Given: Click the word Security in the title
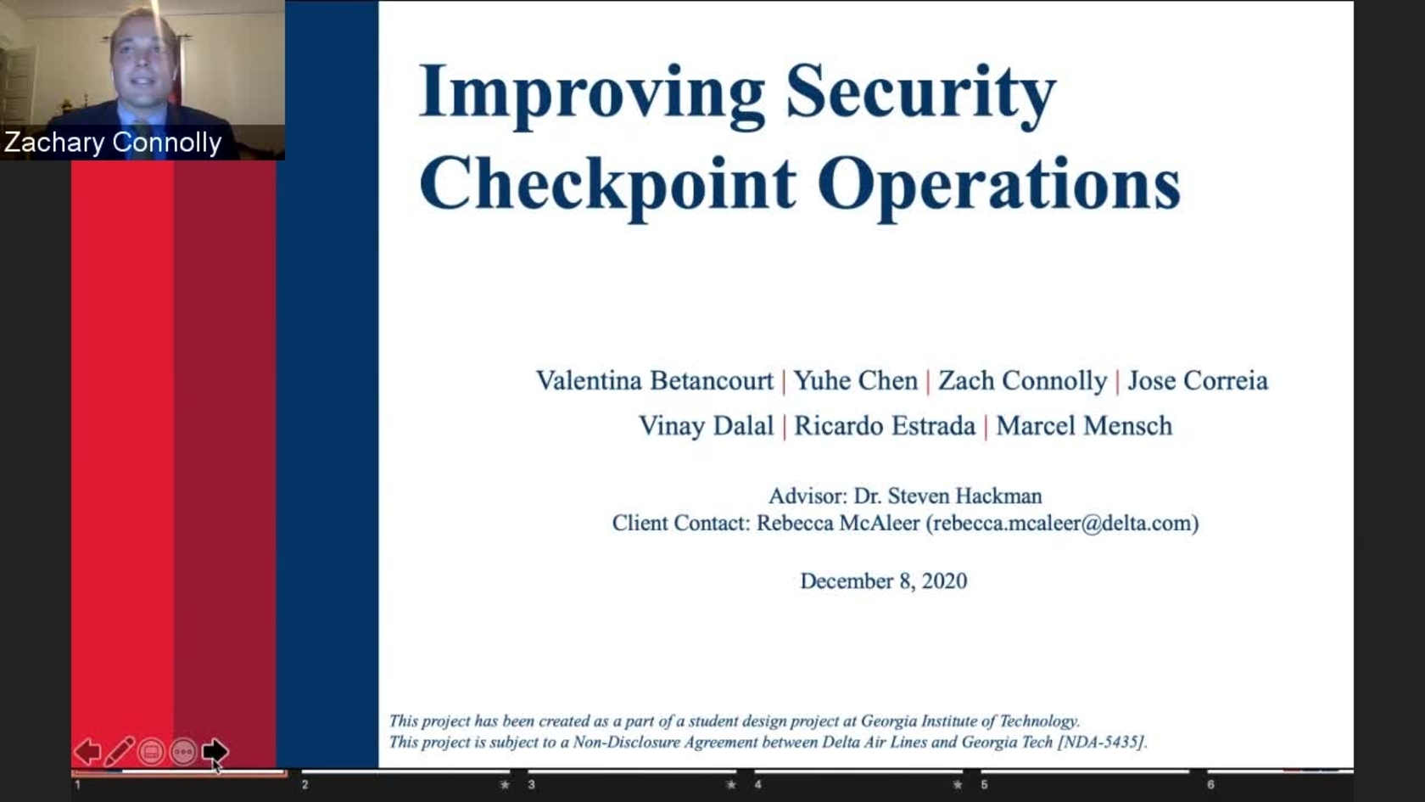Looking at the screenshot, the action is (x=921, y=95).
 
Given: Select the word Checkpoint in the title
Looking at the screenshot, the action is (x=607, y=186).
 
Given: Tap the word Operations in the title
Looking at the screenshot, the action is (x=999, y=186).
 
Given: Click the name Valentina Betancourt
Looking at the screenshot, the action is (x=655, y=380).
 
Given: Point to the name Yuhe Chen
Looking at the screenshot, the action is (x=856, y=380).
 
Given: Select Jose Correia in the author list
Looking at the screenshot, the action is (x=1198, y=380).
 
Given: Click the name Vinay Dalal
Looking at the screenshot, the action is (x=706, y=426).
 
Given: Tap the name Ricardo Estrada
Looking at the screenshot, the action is (x=885, y=426).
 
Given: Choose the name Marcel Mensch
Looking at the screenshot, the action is (x=1084, y=426).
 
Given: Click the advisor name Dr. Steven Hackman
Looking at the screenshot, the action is (x=948, y=496).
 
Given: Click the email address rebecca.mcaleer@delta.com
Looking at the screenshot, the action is (x=1062, y=523).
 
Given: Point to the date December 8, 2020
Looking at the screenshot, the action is (x=884, y=581).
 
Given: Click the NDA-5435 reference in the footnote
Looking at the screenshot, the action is (x=1101, y=742).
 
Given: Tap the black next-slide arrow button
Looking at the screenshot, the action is (x=215, y=751).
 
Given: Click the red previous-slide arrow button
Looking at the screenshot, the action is (x=88, y=752).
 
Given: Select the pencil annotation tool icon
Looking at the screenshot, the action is (x=119, y=752).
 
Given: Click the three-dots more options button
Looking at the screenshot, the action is (x=183, y=752).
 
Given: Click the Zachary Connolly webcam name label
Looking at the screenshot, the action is (x=113, y=143).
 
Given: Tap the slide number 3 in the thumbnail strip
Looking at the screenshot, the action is (x=531, y=785).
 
